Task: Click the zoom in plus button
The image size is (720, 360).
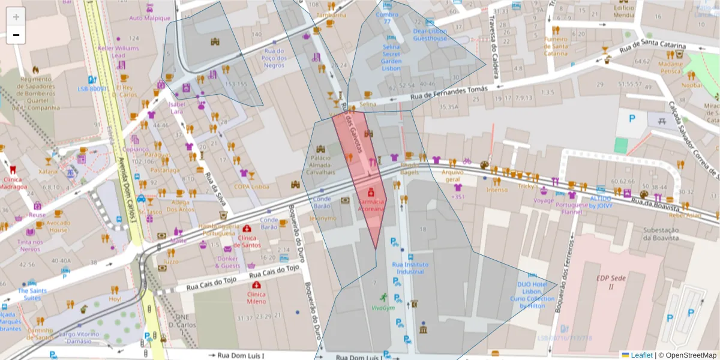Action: [16, 17]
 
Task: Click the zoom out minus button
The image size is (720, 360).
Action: [16, 35]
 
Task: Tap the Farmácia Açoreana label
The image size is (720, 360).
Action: [371, 206]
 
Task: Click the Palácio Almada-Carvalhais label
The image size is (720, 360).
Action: [320, 165]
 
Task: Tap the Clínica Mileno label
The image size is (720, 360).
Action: [256, 298]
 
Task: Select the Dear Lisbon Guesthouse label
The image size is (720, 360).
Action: [430, 35]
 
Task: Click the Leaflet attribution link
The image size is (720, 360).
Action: [641, 355]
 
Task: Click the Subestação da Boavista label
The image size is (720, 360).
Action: [660, 234]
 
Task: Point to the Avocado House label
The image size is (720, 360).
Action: [58, 226]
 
